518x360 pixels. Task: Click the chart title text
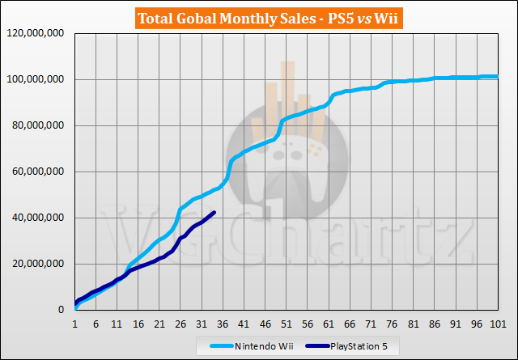258,15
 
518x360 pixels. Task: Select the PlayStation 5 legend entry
355,346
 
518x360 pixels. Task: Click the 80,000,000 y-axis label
39,126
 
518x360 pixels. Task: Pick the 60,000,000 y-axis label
39,172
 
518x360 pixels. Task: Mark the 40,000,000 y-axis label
39,218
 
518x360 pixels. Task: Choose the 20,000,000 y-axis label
39,265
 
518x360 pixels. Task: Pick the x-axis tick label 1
75,324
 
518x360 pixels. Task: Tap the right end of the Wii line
496,77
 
